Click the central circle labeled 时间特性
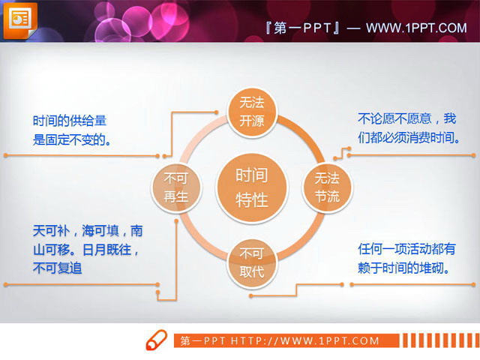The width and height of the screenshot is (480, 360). click(x=252, y=187)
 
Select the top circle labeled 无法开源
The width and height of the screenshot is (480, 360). click(x=252, y=112)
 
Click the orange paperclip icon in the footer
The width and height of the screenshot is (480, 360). click(x=155, y=339)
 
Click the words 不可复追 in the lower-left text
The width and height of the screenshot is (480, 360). click(x=57, y=266)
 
